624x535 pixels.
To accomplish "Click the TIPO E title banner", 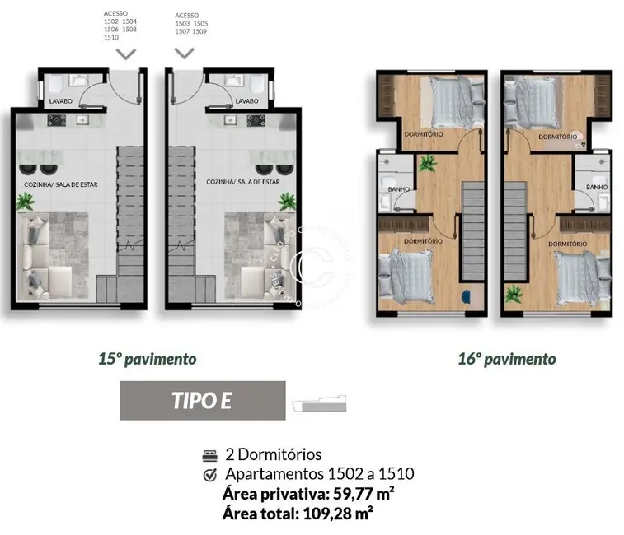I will pos(202,401).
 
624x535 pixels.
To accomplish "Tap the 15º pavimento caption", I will pos(147,359).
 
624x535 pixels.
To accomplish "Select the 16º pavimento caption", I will pos(506,359).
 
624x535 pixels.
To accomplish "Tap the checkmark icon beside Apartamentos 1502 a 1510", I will pos(209,474).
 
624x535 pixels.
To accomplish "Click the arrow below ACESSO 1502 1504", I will pos(125,53).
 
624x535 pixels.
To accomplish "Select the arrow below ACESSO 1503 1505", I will pos(185,53).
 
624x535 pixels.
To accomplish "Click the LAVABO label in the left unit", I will pos(62,101).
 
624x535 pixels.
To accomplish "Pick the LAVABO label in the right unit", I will pos(246,101).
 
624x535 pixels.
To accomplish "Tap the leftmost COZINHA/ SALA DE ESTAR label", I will pos(61,184).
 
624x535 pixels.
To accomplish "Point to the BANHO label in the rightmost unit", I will pos(597,188).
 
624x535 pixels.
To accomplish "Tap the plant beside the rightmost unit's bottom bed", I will pos(514,293).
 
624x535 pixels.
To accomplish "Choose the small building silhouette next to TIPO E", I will pos(320,404).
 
